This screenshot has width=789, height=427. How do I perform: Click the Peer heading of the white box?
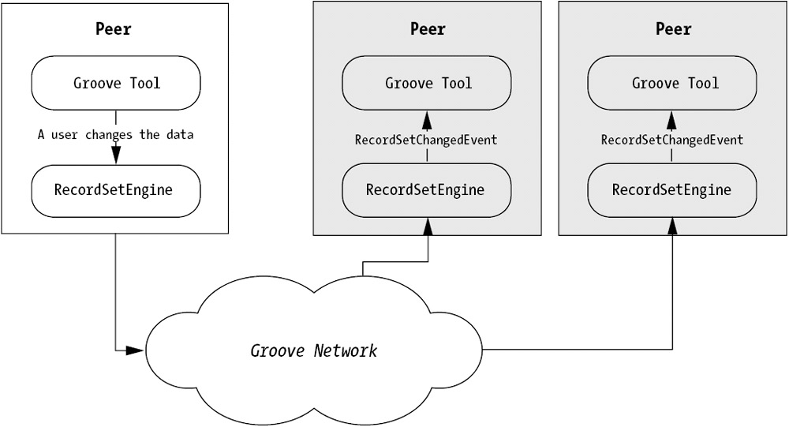(x=116, y=29)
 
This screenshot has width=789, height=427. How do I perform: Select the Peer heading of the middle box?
(x=428, y=29)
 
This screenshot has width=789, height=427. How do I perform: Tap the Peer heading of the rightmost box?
(x=673, y=29)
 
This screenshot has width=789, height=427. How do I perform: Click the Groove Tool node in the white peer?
(x=116, y=83)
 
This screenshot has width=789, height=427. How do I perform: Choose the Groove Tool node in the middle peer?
(x=428, y=83)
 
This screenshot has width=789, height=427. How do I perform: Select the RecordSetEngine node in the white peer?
(x=116, y=190)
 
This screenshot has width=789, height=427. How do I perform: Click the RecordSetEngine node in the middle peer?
(x=426, y=190)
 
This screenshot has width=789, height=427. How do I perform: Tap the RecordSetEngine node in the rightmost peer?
(x=672, y=190)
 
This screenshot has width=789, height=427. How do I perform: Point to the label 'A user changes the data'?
(x=116, y=135)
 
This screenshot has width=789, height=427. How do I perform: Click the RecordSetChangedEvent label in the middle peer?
(x=426, y=140)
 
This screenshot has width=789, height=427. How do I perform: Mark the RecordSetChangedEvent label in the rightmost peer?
(x=672, y=140)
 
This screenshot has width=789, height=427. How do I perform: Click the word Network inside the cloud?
(x=344, y=350)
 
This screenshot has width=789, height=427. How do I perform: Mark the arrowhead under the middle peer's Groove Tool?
(x=427, y=119)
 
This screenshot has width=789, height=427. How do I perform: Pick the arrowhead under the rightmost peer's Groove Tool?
(x=672, y=119)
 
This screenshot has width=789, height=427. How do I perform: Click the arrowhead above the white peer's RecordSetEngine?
(x=116, y=156)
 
